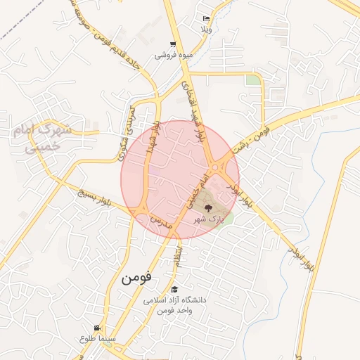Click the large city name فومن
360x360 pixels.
[x=136, y=277]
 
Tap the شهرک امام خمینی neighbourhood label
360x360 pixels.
[x=42, y=138]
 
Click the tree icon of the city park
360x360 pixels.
[x=208, y=207]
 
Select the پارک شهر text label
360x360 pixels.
[x=208, y=219]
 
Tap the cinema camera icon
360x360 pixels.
[x=97, y=328]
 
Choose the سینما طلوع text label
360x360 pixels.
[x=98, y=340]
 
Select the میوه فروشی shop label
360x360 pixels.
[x=171, y=55]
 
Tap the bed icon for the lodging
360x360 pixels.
[x=206, y=19]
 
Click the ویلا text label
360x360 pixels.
[x=206, y=30]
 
